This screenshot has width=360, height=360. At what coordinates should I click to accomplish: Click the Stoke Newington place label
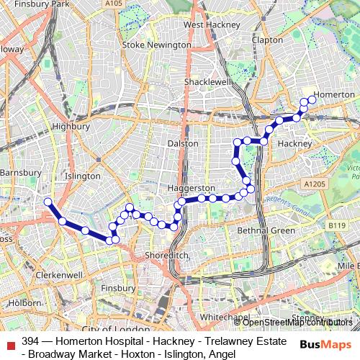[x=157, y=45]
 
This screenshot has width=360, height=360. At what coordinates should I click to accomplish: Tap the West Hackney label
[x=211, y=24]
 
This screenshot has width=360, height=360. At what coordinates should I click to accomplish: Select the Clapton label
[x=267, y=40]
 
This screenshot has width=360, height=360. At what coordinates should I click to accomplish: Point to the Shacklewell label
[x=207, y=83]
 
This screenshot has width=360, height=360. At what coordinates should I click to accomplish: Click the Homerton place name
[x=335, y=94]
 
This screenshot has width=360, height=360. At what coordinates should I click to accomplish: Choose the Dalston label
[x=182, y=143]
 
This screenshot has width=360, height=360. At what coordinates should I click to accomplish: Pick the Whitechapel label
[x=224, y=317]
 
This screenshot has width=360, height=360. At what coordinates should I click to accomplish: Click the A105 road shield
[x=113, y=4]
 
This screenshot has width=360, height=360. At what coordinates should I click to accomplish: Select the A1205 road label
[x=314, y=184]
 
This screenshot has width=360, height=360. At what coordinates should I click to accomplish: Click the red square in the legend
[x=10, y=341]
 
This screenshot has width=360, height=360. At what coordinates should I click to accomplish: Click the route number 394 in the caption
[x=30, y=341]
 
